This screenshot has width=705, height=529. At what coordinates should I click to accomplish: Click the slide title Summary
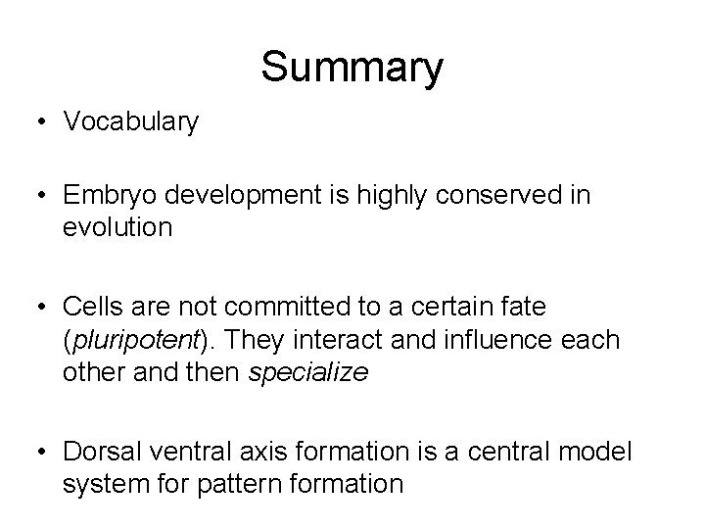click(x=352, y=67)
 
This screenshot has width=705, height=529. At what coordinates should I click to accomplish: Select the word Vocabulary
click(x=131, y=121)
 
